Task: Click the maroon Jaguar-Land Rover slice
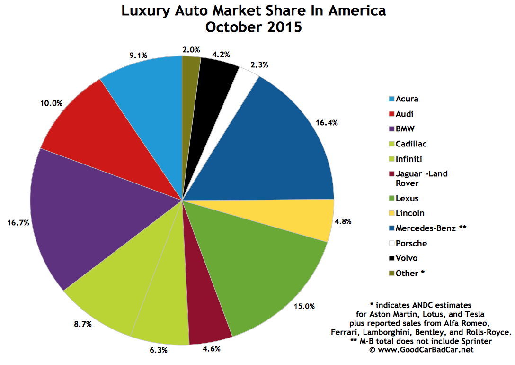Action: (x=208, y=308)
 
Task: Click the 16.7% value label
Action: (x=18, y=222)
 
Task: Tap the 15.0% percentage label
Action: (x=303, y=306)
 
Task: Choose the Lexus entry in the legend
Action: (x=407, y=198)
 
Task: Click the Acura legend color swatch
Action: (x=391, y=99)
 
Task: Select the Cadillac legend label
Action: (x=411, y=144)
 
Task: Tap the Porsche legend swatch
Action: (x=391, y=244)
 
